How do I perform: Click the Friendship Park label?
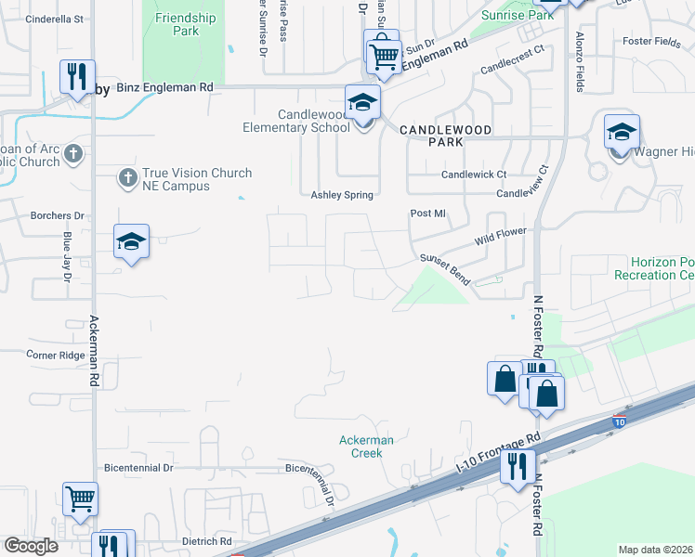click(186, 24)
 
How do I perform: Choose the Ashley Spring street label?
click(341, 195)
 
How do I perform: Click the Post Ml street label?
click(428, 214)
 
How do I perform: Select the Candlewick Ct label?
click(474, 175)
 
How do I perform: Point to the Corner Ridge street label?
click(55, 355)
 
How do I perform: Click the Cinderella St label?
click(55, 19)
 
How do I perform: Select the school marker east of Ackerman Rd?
click(132, 241)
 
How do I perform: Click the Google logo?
click(32, 547)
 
